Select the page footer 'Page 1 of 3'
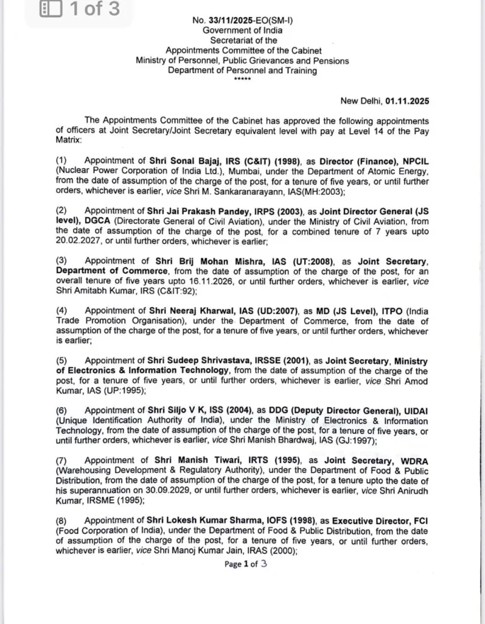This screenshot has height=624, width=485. coord(246,564)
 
